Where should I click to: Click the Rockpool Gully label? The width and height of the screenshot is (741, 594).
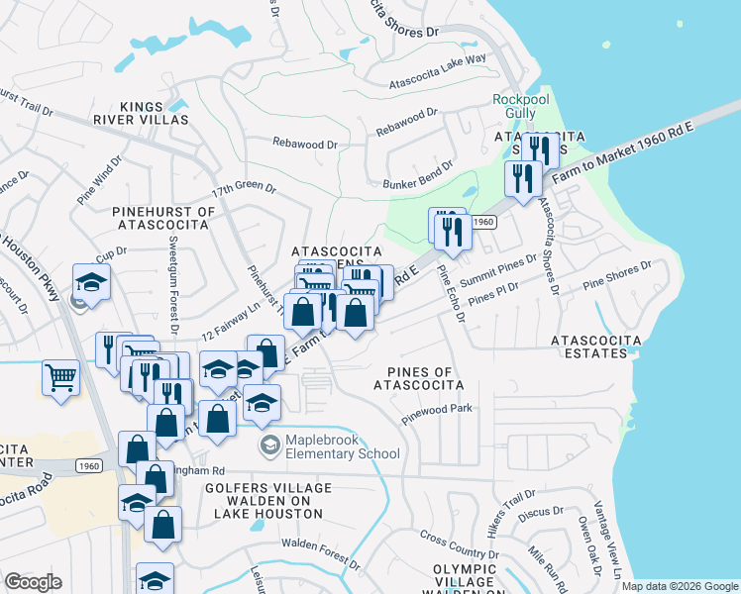[x=514, y=106]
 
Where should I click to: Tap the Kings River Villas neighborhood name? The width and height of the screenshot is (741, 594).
[x=154, y=113]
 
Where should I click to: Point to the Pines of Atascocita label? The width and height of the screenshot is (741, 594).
[x=414, y=378]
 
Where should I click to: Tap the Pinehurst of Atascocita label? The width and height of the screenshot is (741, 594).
[x=163, y=218]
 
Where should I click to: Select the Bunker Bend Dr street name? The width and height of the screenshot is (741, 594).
[x=417, y=175]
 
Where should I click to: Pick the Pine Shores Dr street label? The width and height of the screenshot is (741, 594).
[x=617, y=275]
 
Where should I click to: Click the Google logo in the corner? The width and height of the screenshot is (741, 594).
[x=34, y=582]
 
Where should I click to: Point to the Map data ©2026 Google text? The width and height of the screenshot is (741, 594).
[x=680, y=586]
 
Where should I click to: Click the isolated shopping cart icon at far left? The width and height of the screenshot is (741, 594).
[x=61, y=378]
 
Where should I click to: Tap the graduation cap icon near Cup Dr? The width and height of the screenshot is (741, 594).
[x=91, y=283]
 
